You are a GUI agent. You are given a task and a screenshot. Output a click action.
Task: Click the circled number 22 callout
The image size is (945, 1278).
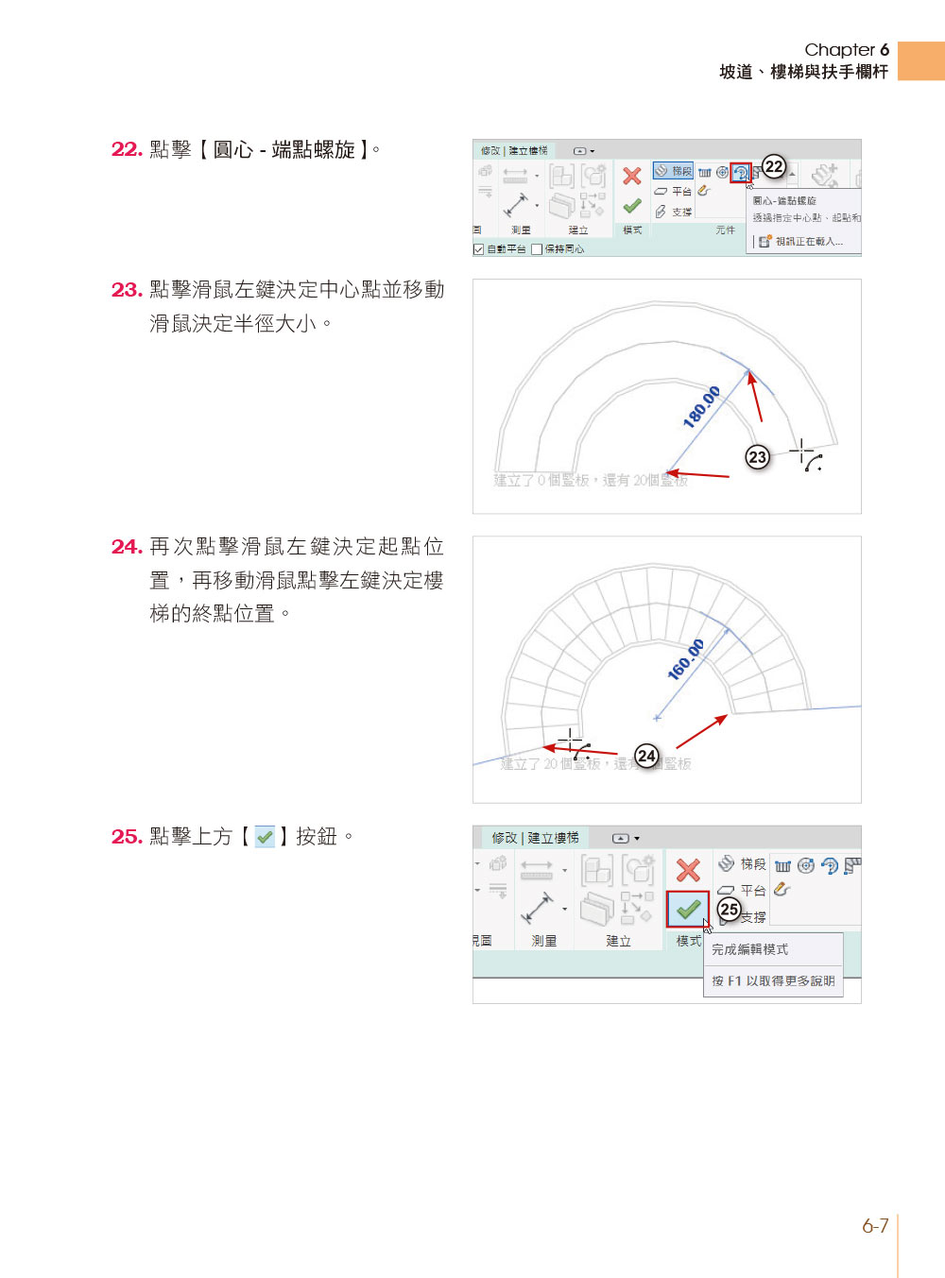pyautogui.click(x=774, y=167)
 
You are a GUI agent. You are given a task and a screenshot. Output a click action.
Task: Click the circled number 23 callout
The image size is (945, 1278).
pyautogui.click(x=757, y=457)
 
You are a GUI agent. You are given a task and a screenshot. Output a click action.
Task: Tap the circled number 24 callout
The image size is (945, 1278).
pyautogui.click(x=646, y=756)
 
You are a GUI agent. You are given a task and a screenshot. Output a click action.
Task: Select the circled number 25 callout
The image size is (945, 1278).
pyautogui.click(x=729, y=910)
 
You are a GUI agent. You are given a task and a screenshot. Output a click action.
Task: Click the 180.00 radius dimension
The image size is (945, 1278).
pyautogui.click(x=702, y=407)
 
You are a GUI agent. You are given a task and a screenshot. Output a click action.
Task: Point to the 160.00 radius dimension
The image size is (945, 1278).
pyautogui.click(x=686, y=659)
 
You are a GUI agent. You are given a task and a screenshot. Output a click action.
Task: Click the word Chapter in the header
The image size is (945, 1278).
pyautogui.click(x=839, y=50)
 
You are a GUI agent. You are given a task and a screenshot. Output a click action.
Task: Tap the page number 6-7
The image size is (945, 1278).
pyautogui.click(x=875, y=1226)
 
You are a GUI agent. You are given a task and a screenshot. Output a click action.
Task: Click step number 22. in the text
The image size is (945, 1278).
pyautogui.click(x=127, y=149)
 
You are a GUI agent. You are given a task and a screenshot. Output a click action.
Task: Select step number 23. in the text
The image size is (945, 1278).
pyautogui.click(x=127, y=290)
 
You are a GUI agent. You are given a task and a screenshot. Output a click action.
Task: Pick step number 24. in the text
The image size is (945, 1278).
pyautogui.click(x=127, y=547)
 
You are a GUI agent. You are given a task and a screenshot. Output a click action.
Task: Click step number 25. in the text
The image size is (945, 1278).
pyautogui.click(x=127, y=837)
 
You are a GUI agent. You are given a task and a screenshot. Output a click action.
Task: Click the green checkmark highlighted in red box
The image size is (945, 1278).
pyautogui.click(x=688, y=910)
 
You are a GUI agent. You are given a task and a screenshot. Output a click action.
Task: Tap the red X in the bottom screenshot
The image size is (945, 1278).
pyautogui.click(x=688, y=870)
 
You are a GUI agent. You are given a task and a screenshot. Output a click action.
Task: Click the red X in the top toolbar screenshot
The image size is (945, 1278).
pyautogui.click(x=632, y=176)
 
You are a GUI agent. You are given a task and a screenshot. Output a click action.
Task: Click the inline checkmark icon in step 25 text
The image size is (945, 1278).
pyautogui.click(x=265, y=837)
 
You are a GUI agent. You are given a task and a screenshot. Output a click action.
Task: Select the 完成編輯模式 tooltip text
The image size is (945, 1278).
pyautogui.click(x=749, y=949)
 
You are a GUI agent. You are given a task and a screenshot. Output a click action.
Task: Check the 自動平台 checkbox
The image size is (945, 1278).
pyautogui.click(x=479, y=249)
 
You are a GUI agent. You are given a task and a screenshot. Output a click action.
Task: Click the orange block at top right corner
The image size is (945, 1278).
pyautogui.click(x=920, y=60)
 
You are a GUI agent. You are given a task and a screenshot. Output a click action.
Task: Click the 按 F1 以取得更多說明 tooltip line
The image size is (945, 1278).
pyautogui.click(x=773, y=981)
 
